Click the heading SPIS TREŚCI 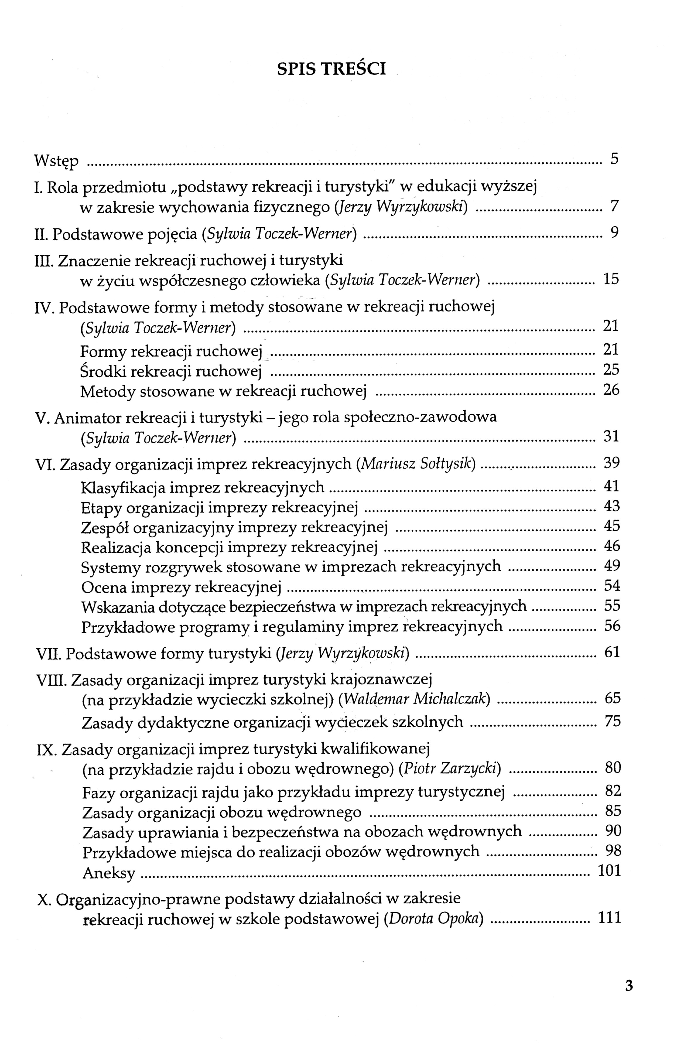[x=331, y=69]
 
